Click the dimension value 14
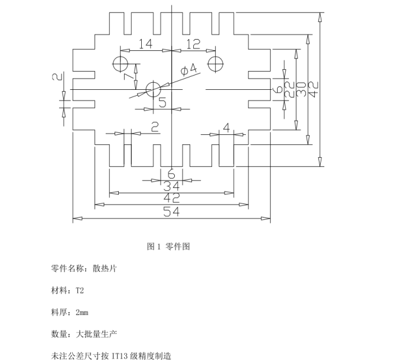click(145, 43)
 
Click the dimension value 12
click(193, 43)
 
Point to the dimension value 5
click(162, 102)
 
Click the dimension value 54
click(171, 212)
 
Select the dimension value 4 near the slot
click(227, 127)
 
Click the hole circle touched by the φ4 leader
click(154, 90)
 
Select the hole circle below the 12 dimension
click(215, 63)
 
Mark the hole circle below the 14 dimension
click(122, 63)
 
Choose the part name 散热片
click(105, 268)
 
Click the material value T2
click(80, 290)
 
